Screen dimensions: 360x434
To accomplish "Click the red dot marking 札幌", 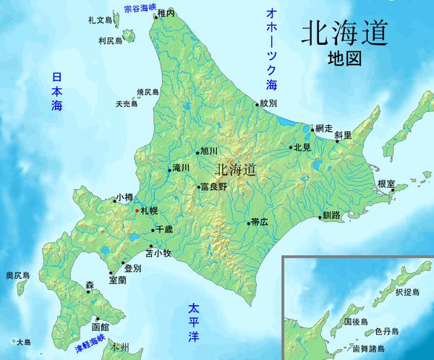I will pos(136,210).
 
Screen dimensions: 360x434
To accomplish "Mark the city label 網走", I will pos(324,127).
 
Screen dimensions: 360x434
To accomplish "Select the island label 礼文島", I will pos(98,21).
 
